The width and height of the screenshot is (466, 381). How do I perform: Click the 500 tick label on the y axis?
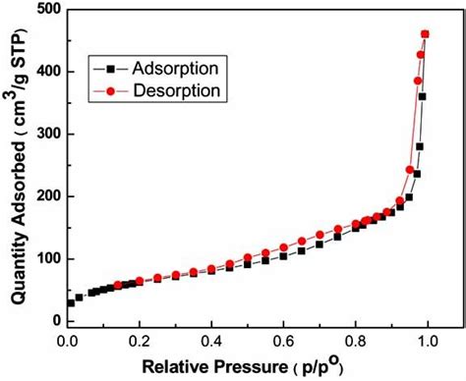coord(44,10)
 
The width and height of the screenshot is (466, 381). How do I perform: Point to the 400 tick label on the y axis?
coord(44,72)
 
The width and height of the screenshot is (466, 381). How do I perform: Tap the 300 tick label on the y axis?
coord(44,134)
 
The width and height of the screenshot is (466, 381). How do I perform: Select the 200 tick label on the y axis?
coord(44,196)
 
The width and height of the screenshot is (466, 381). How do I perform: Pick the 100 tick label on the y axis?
coord(44,258)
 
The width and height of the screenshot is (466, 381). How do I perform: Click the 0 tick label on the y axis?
coord(54,321)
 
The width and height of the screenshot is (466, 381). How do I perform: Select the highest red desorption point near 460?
coord(425,34)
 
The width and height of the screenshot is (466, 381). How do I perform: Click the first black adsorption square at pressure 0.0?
coord(70,302)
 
